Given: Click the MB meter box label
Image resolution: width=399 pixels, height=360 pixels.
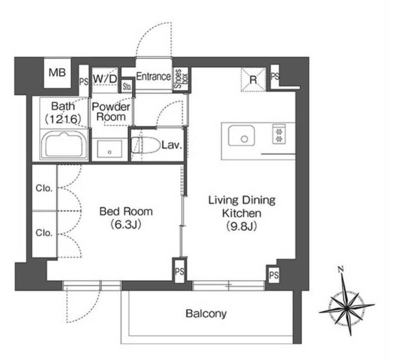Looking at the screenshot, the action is pos(57,73).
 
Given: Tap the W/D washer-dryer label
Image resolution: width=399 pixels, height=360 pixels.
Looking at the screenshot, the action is pos(105,79).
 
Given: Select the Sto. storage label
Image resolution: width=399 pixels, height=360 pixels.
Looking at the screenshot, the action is pos(127,86).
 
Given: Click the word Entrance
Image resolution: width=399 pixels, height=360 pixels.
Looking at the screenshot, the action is pos(154,76).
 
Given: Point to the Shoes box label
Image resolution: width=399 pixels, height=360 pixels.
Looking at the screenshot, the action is pos(181,79).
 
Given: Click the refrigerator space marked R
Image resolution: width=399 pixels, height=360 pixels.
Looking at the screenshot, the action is pos(253,80).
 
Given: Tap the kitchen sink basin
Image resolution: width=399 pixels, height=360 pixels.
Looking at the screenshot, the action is pos(241,136).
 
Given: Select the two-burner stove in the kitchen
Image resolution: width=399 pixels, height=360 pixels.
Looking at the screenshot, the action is pos(279,134).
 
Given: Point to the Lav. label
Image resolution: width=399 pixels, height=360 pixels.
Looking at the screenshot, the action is pos(172,145).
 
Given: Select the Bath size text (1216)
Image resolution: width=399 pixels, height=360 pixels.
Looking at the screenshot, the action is pos(63,119).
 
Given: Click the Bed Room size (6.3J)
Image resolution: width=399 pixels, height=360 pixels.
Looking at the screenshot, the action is pos(126,225).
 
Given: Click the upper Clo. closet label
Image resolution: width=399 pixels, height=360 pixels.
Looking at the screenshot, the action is pos(44,188).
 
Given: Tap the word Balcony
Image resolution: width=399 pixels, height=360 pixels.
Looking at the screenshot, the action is pos(206,314).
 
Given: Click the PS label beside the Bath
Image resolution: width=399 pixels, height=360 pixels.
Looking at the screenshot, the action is pos(84,82).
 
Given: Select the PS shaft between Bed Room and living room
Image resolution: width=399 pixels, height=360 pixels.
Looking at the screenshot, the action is pos(180,271).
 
